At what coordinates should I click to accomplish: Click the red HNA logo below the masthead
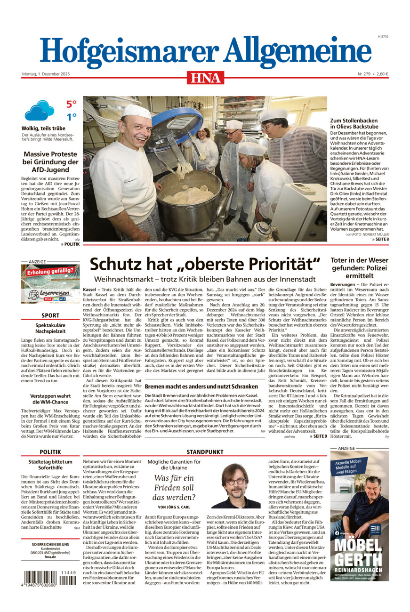[205, 77]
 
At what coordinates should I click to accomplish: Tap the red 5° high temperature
[71, 105]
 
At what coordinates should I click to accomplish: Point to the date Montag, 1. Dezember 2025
[46, 74]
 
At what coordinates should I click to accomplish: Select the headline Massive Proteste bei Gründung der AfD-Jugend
[50, 162]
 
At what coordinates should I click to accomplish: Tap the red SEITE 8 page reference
[380, 240]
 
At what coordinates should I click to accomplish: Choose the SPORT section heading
[50, 315]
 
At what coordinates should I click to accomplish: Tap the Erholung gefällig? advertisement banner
[50, 271]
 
